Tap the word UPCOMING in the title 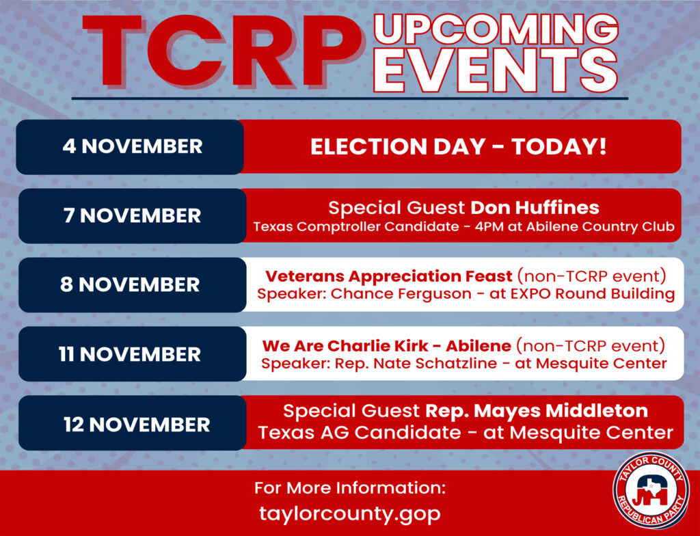(496, 29)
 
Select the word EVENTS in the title (496, 70)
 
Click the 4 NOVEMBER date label (132, 146)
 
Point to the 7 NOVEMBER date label (132, 216)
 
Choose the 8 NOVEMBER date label (130, 285)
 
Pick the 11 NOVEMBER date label (130, 354)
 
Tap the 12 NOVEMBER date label (137, 425)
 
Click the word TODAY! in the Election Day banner (559, 146)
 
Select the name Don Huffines (535, 208)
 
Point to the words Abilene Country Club (600, 227)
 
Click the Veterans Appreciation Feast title (388, 276)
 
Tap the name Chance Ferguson (401, 294)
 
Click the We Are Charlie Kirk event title (387, 346)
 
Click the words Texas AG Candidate (360, 432)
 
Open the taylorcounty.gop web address (349, 513)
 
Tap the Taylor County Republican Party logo (651, 490)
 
